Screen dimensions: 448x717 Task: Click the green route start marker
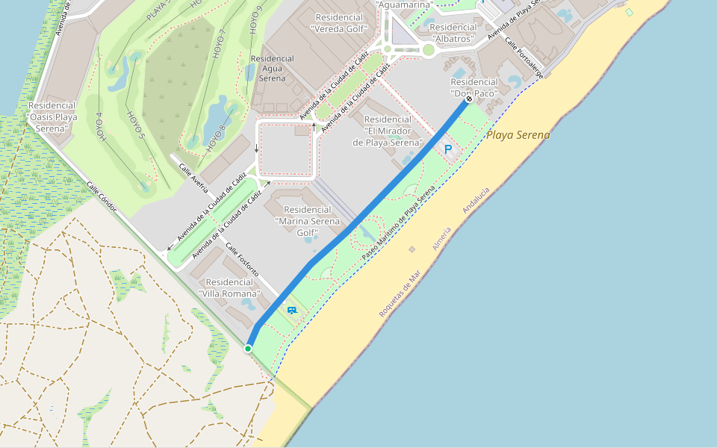[248, 348]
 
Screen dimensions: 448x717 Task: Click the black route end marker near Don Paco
[469, 99]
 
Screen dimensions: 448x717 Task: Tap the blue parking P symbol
[448, 149]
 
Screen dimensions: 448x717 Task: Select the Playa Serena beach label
[518, 135]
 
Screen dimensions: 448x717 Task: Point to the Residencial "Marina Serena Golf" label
[307, 221]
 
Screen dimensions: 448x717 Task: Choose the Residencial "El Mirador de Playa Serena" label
[388, 131]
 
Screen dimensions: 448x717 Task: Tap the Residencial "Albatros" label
[453, 32]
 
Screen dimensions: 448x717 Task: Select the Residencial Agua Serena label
[273, 67]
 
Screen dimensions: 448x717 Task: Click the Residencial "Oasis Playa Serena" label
[52, 117]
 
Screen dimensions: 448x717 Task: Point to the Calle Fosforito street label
[242, 261]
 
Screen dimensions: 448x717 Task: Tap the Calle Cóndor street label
[101, 197]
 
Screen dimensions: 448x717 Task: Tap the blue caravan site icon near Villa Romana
[291, 309]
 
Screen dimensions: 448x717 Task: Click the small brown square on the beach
[412, 249]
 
